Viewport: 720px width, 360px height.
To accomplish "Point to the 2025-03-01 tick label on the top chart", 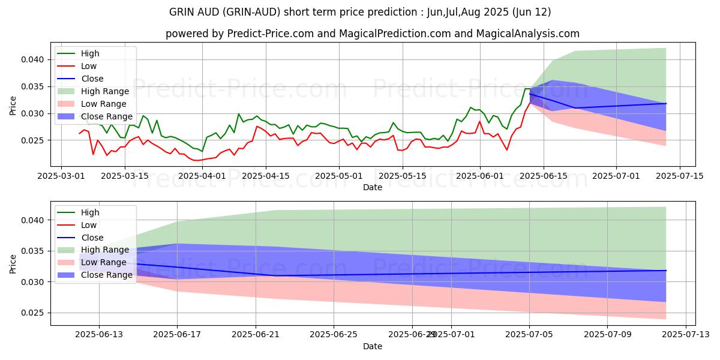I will point(61,176).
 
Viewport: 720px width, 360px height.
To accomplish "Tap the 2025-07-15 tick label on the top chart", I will point(679,176).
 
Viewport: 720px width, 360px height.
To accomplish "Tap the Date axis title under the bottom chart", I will point(372,346).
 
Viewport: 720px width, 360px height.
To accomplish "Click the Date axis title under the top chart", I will point(372,187).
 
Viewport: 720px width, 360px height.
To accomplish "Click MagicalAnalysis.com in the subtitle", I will point(528,34).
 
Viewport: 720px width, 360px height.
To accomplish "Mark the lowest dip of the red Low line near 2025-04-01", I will point(195,160).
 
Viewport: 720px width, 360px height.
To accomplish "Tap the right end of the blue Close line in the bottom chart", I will point(666,271).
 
